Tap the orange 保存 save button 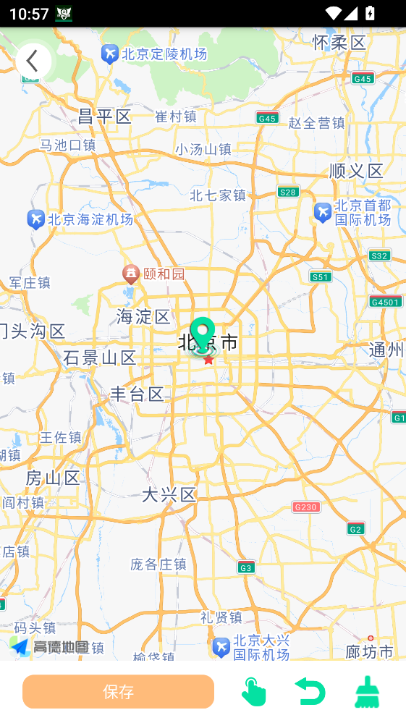118,691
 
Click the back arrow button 33,62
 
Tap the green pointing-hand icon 253,692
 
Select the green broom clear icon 368,692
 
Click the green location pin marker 203,334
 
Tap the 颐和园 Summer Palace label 164,274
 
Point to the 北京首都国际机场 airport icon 323,212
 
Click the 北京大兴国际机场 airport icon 221,646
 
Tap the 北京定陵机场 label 164,54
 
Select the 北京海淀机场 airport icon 35,219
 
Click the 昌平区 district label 105,117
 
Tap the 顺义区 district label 356,171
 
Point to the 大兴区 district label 169,495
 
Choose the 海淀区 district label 143,316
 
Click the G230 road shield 306,507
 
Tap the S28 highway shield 288,192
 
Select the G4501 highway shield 385,302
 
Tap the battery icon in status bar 371,13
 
